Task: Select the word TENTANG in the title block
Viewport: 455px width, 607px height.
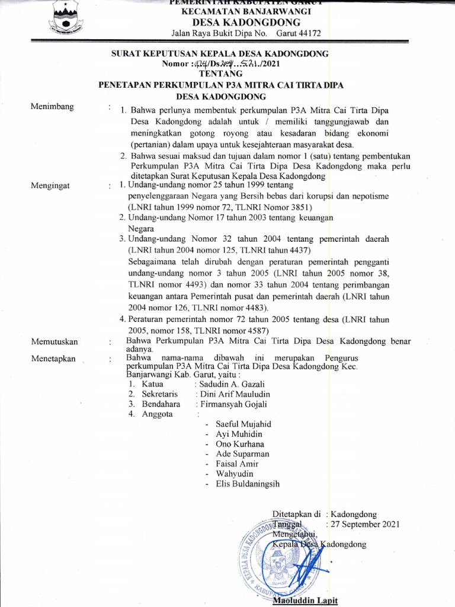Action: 221,74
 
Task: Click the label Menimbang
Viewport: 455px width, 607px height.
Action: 53,107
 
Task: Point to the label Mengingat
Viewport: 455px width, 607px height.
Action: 50,186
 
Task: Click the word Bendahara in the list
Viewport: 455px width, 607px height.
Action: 161,404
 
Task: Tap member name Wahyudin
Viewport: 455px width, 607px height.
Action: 234,474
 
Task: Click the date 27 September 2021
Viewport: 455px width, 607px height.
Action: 365,524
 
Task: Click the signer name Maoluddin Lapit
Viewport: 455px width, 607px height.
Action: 305,600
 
